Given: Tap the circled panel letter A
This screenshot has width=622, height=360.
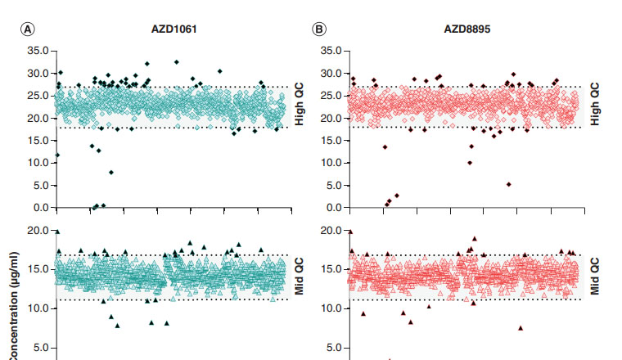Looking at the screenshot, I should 28,29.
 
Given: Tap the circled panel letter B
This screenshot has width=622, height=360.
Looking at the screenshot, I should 320,29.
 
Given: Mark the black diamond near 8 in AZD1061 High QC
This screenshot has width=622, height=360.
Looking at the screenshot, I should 111,173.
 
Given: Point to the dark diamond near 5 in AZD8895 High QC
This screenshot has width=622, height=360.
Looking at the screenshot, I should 508,185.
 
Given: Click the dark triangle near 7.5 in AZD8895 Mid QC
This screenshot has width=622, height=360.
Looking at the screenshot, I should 521,328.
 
